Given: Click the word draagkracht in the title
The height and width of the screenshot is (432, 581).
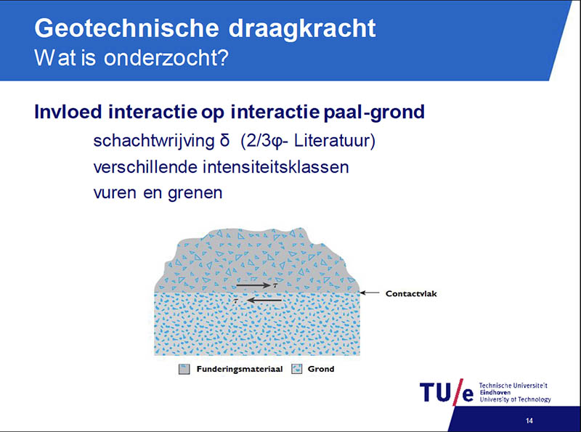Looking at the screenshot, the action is tap(302, 29).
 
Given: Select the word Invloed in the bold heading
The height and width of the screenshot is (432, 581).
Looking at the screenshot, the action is tap(68, 112).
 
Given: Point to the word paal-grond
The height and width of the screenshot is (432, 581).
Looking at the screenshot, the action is tap(374, 113).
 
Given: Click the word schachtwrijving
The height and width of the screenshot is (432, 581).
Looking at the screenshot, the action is tap(154, 141).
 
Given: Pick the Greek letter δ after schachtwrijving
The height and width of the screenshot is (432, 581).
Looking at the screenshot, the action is tap(224, 140).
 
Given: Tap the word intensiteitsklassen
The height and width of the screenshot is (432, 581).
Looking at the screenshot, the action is tap(276, 167).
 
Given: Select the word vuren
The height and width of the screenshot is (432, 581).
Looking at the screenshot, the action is tap(115, 193).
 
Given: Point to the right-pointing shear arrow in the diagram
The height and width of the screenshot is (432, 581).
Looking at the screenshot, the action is tap(253, 285).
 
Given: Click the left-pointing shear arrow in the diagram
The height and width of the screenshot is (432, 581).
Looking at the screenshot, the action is tap(264, 300).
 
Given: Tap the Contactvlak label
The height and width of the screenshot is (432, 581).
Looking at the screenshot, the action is tap(411, 294).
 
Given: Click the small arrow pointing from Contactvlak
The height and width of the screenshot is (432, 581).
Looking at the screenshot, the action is tap(370, 293).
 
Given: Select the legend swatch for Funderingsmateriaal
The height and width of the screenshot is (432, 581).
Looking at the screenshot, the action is tap(184, 369).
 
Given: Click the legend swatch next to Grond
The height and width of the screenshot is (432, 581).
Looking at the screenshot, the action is tap(297, 369).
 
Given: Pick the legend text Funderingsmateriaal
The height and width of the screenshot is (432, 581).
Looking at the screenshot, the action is tap(240, 369).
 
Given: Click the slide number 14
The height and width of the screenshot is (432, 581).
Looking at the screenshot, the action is tap(529, 420).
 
